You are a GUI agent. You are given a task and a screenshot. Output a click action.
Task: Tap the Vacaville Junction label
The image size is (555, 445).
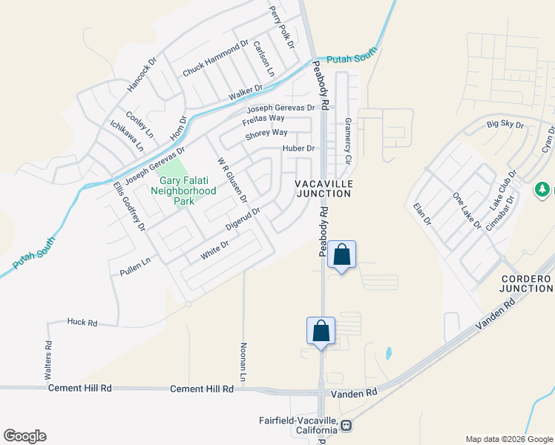coord(323,188)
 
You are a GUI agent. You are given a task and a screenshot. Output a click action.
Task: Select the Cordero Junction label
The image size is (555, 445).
coord(525,283)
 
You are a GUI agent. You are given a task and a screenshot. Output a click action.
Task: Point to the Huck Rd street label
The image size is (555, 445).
coord(82,323)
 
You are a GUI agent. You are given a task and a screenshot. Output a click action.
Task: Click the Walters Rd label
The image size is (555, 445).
coord(49,356)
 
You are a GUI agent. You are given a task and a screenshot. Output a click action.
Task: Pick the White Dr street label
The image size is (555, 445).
coord(214,251)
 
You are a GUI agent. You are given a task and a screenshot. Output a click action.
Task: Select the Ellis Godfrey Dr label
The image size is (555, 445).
coord(129,206)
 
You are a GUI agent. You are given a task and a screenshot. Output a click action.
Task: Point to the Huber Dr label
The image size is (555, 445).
coord(298,148)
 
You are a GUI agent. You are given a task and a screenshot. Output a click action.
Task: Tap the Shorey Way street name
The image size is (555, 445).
coord(266,133)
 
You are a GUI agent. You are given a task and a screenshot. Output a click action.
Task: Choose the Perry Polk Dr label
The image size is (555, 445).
coord(282,28)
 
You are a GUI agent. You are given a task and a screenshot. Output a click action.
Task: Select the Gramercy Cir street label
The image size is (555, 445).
coord(347,142)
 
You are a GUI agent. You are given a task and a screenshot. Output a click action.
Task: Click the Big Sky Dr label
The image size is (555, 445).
coord(505,124)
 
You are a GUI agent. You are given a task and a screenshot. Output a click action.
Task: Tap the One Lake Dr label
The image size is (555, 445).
coord(467,211)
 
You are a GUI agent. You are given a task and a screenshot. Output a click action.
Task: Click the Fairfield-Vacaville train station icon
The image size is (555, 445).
coord(347,426)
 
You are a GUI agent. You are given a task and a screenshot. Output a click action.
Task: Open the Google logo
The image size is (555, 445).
coord(24,436)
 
